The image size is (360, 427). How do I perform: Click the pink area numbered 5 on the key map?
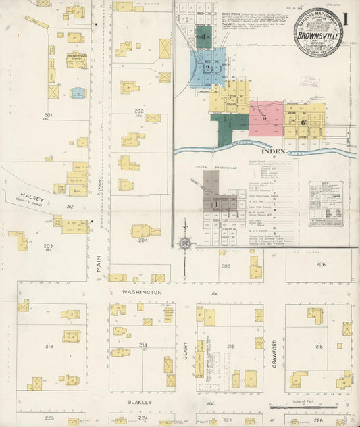coord(265,117)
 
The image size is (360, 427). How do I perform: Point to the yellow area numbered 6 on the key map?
coord(303,122)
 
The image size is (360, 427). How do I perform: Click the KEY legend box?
coord(325,203)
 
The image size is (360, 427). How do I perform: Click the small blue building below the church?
coord(78,93)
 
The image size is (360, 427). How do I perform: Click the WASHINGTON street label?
coord(142,292)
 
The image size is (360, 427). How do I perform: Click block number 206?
coord(320,264)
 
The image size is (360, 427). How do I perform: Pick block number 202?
coord(138,111)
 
